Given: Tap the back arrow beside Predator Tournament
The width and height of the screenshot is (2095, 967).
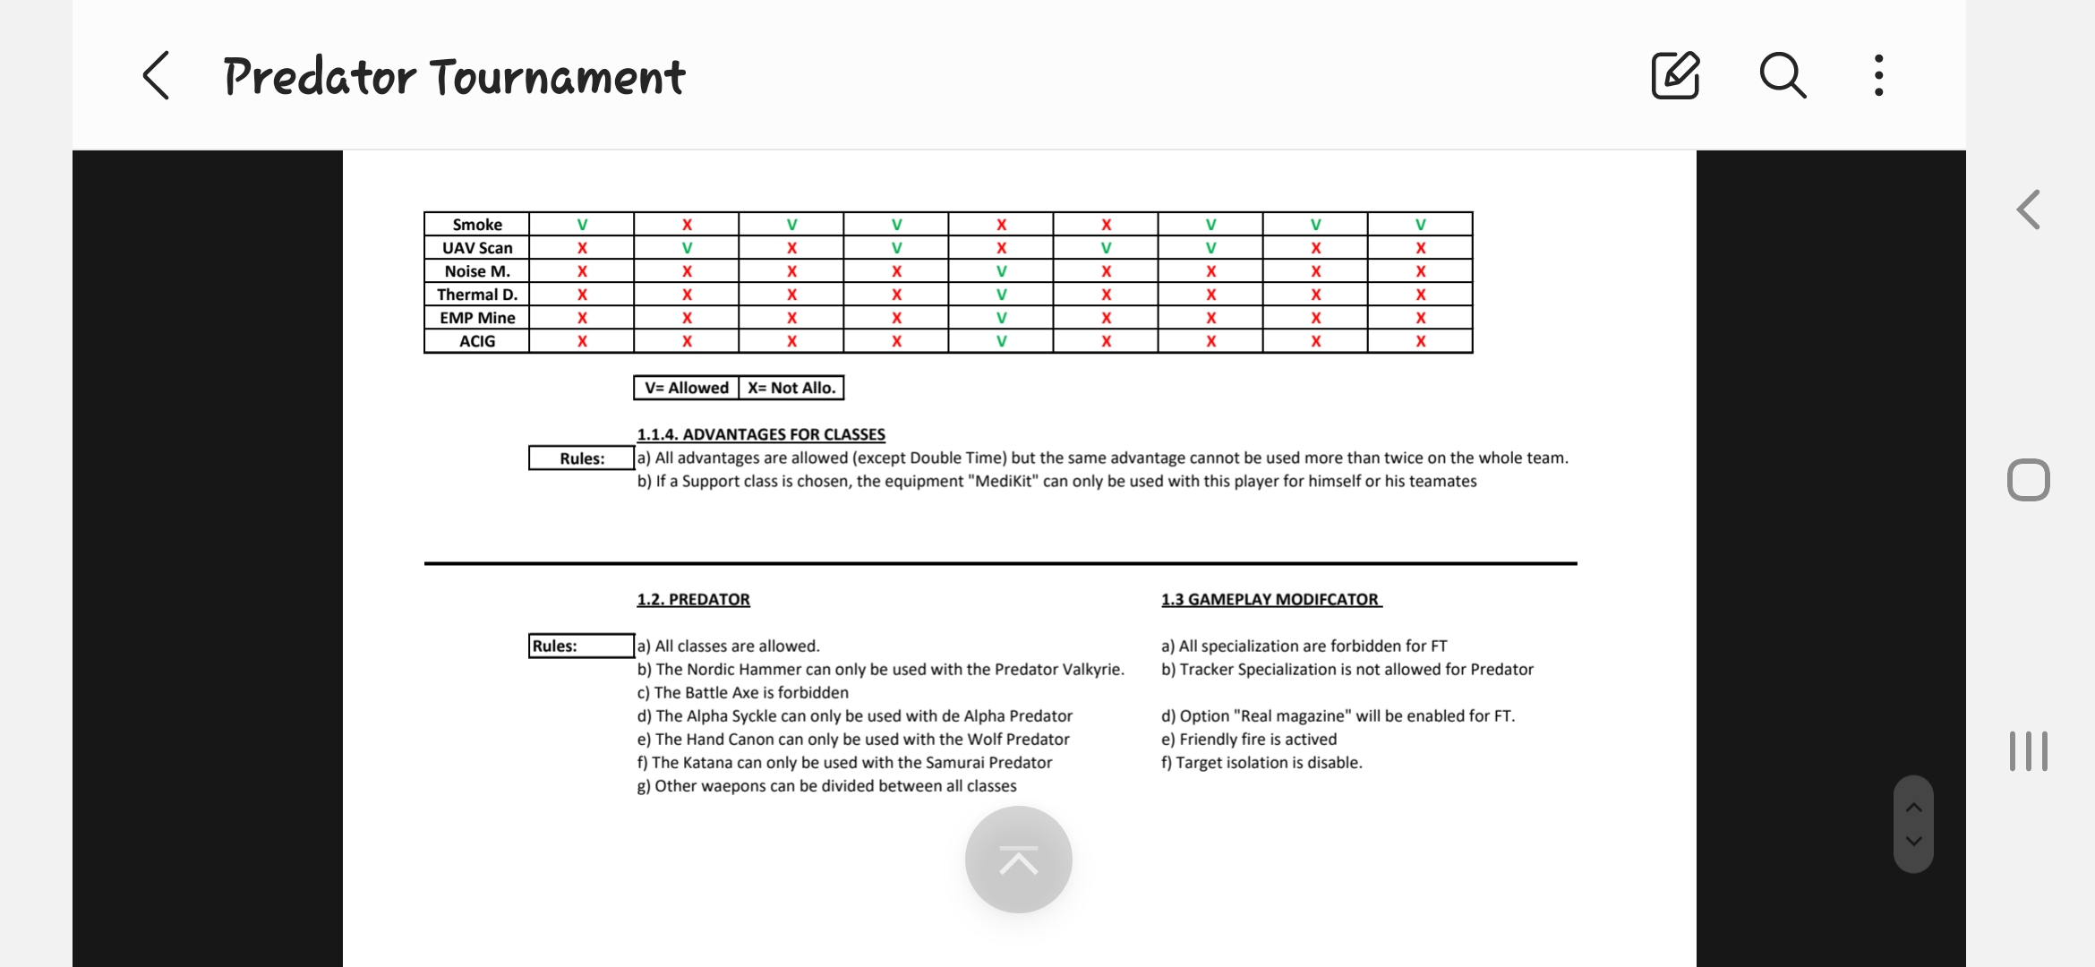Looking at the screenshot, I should click(x=157, y=75).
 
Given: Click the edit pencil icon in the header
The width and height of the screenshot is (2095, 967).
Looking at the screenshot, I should click(x=1675, y=75).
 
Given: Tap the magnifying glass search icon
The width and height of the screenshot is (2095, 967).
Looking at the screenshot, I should click(x=1783, y=75).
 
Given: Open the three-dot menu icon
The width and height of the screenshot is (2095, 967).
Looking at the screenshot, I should click(x=1878, y=75).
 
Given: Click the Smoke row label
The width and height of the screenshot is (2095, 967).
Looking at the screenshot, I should click(x=477, y=225).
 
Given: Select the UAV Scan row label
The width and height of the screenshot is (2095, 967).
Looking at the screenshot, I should click(x=477, y=248).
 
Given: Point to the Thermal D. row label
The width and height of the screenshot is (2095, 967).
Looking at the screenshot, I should click(x=477, y=295).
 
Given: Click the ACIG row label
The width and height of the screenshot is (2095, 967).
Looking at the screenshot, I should click(x=477, y=341).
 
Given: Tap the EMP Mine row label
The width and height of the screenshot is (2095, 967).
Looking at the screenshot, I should click(x=477, y=318).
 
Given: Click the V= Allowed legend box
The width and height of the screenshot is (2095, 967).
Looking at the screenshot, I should click(x=687, y=388).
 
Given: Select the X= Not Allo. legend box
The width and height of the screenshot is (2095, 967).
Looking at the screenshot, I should click(x=791, y=388).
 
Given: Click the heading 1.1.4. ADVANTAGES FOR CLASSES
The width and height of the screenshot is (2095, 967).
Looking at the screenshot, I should click(x=761, y=434).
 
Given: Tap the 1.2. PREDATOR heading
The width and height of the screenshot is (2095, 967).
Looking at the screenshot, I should click(x=694, y=599).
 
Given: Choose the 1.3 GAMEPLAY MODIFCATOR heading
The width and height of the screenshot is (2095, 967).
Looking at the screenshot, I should click(x=1270, y=599).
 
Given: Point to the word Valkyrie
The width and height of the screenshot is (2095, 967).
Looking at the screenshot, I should click(x=1091, y=669).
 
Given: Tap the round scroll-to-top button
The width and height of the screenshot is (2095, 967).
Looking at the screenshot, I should click(x=1019, y=860).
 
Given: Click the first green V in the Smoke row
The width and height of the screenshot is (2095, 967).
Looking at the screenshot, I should click(x=582, y=225).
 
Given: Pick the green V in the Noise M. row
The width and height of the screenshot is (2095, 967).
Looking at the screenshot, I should click(x=1001, y=271).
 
